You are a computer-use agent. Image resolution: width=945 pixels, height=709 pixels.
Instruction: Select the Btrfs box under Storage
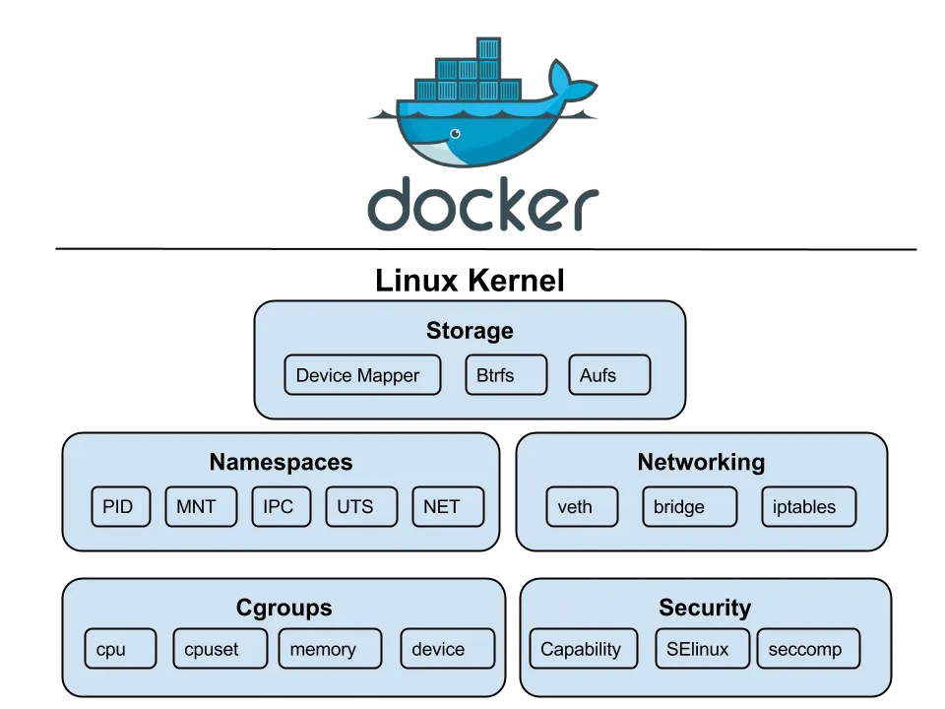tap(505, 375)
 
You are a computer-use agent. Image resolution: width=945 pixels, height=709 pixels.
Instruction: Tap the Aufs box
tap(609, 375)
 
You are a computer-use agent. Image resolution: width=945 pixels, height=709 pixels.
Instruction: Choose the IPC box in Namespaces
tap(280, 507)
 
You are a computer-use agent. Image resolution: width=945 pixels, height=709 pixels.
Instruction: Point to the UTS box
tap(361, 507)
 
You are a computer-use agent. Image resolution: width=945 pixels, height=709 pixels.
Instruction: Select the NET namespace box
tap(448, 507)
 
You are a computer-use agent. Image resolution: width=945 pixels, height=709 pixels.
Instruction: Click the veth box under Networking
tap(582, 507)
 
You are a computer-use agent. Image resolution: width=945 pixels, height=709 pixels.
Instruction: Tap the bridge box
tap(689, 507)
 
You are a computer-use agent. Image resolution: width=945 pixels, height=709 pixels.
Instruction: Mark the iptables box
tap(808, 507)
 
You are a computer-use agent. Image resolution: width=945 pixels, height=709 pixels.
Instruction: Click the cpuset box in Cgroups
tap(219, 649)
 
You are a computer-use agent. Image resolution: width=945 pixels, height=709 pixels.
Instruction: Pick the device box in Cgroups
tap(445, 649)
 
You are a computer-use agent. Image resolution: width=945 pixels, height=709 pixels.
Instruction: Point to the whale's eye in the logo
tap(455, 133)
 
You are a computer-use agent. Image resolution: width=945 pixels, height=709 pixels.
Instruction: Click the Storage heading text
tap(470, 331)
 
